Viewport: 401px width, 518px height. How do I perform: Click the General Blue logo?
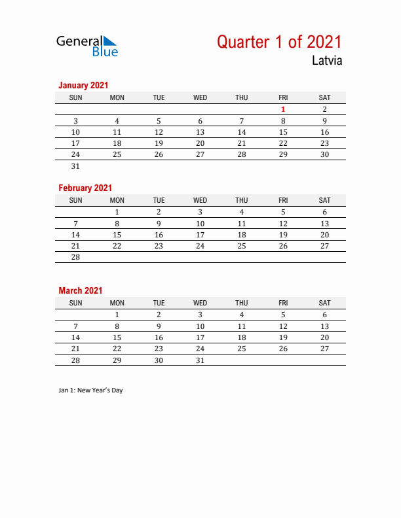[x=87, y=45]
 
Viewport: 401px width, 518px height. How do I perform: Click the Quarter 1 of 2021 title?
[x=279, y=42]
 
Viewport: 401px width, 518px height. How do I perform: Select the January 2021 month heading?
[x=83, y=85]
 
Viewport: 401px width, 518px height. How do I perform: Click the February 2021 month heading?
[x=85, y=188]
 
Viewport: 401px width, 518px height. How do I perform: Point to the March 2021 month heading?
[x=81, y=290]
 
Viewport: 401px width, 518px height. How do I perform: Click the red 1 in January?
[x=283, y=109]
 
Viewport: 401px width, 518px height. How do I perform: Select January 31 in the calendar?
[x=75, y=166]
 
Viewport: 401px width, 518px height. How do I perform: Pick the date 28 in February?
[x=75, y=257]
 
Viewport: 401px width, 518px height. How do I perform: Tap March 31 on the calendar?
[x=200, y=360]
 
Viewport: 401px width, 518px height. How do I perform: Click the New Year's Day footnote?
[x=90, y=390]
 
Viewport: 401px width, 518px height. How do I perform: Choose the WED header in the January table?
[x=200, y=97]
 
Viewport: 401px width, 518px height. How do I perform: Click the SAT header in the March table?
[x=324, y=303]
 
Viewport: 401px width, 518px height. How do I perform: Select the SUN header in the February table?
[x=75, y=200]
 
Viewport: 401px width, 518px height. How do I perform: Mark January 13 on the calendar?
[x=200, y=132]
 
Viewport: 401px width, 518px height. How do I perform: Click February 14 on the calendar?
[x=75, y=235]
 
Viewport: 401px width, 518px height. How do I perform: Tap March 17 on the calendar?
[x=200, y=337]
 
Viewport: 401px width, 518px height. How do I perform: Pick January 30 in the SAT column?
[x=324, y=154]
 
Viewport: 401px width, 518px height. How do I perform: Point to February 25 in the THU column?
[x=241, y=246]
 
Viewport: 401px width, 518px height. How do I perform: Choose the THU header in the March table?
[x=241, y=303]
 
